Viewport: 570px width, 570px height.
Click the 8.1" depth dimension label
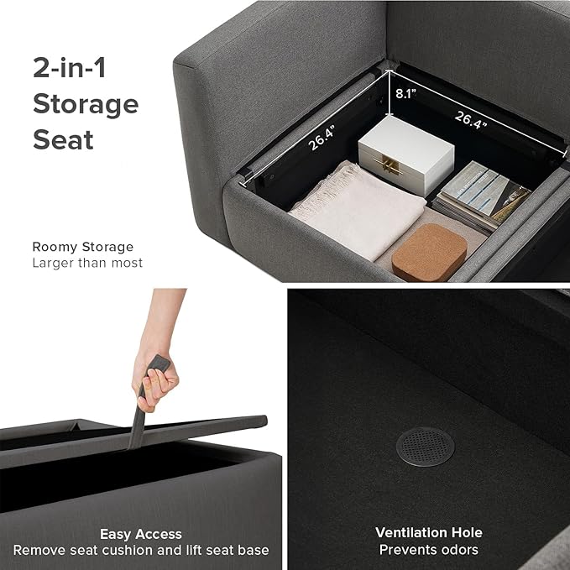405,94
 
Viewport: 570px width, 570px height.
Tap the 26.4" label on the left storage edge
322,139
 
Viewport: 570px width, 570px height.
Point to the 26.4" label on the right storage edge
471,120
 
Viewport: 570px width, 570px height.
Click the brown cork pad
429,253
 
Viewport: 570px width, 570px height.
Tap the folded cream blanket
358,210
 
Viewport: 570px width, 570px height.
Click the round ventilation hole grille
425,447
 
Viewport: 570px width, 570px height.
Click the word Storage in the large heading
86,104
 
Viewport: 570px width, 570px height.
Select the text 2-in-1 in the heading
70,68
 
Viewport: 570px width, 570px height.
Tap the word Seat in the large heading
63,139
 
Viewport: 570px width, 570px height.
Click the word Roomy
55,247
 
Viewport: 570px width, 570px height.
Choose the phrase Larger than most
87,263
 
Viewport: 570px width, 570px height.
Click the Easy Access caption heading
141,535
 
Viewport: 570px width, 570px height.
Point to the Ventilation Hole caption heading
429,532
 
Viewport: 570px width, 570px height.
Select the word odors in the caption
458,550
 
